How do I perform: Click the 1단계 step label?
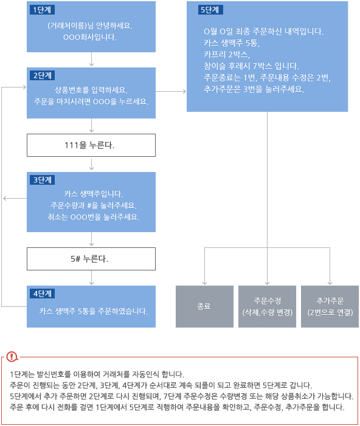click(x=42, y=10)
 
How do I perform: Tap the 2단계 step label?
click(x=42, y=75)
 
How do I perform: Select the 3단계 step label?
click(x=42, y=180)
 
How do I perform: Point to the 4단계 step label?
click(x=42, y=294)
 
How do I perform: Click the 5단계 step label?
click(x=210, y=10)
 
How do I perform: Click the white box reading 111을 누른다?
click(x=91, y=145)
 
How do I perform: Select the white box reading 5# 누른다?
click(x=91, y=259)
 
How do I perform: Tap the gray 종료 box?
click(x=204, y=306)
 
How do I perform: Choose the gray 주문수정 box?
click(x=268, y=306)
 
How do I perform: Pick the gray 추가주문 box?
click(x=330, y=306)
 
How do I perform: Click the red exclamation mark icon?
click(x=12, y=357)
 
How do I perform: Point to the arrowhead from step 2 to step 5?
click(x=185, y=91)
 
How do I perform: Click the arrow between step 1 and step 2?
click(x=91, y=59)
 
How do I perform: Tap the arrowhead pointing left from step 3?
click(x=5, y=198)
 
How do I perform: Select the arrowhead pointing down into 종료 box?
click(x=204, y=283)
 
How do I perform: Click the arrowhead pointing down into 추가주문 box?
click(x=330, y=283)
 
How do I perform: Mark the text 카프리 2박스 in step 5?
click(x=226, y=55)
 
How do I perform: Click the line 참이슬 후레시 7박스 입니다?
click(x=251, y=66)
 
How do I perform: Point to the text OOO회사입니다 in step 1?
click(x=90, y=37)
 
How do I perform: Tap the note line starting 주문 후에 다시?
click(x=177, y=407)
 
